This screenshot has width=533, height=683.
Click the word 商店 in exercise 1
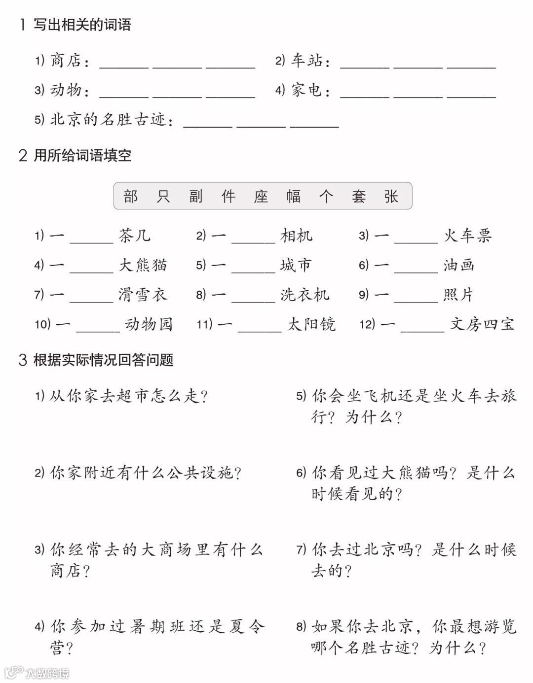point(66,61)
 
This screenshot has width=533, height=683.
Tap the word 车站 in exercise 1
point(306,61)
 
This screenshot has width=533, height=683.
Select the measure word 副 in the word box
point(196,196)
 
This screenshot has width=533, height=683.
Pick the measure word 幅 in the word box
point(294,196)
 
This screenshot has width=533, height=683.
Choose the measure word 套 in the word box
point(359,196)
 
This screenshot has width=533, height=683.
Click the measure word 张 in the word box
point(391,196)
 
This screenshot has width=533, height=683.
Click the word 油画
point(459,265)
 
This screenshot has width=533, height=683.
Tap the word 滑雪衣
point(143,295)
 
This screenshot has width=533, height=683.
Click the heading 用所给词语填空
point(82,156)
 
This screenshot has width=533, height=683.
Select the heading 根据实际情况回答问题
point(104,360)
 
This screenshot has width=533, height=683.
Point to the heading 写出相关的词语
point(82,25)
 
